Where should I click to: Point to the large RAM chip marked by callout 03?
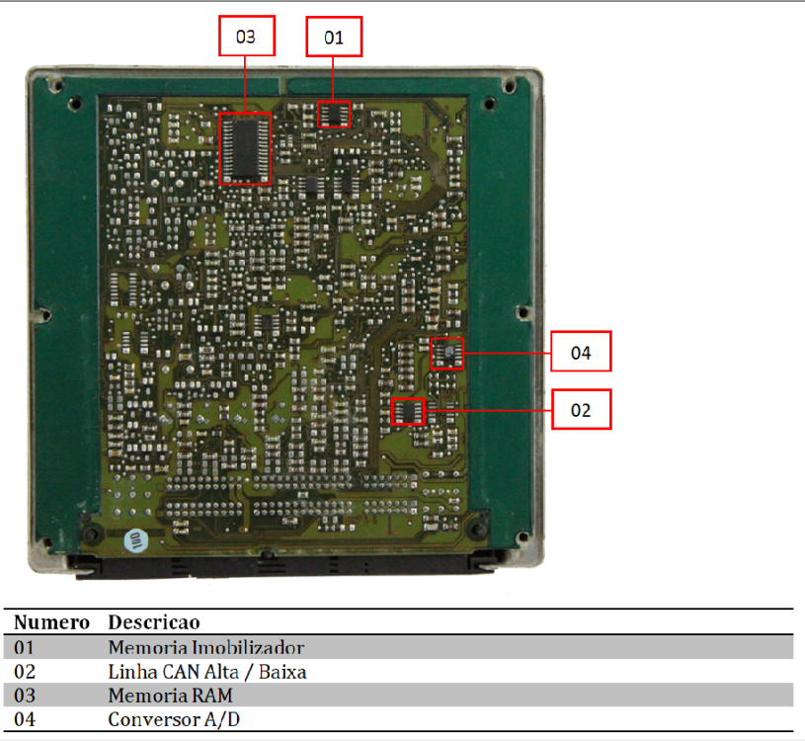[245, 148]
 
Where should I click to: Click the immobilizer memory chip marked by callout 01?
[334, 114]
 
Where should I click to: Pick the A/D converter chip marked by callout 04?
[447, 354]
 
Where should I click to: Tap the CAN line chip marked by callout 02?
[408, 411]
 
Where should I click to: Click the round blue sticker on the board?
[135, 541]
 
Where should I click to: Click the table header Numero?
[51, 621]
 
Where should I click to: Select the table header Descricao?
[154, 621]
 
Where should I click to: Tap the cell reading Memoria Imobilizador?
[205, 647]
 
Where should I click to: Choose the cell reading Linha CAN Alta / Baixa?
[206, 672]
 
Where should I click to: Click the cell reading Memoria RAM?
[171, 696]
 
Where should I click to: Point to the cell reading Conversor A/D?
[174, 719]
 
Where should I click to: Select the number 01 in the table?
[24, 647]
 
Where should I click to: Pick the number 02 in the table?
[25, 672]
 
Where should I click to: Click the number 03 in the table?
[25, 696]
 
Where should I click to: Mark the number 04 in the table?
[25, 719]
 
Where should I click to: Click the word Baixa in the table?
[282, 672]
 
